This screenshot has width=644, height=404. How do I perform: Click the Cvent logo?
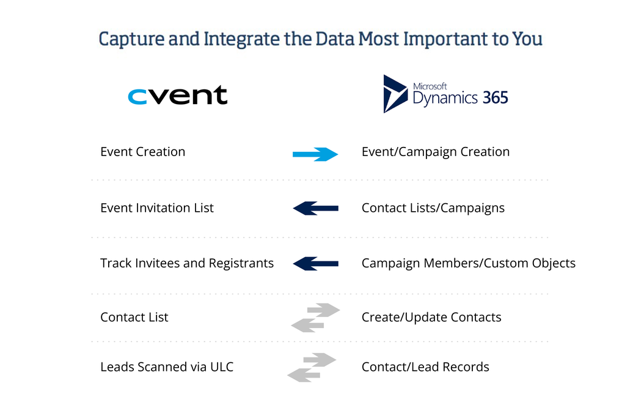[177, 95]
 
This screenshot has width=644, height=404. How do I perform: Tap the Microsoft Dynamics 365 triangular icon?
[395, 94]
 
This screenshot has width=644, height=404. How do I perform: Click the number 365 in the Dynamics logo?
[495, 97]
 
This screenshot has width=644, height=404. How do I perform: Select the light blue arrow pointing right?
[315, 154]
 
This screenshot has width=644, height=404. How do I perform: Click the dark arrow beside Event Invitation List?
[315, 209]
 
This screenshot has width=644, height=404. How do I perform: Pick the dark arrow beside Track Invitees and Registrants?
[315, 264]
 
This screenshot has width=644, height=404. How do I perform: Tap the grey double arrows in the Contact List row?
[315, 318]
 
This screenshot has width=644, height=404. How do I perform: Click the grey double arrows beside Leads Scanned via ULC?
[312, 367]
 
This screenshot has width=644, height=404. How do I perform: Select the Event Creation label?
[142, 152]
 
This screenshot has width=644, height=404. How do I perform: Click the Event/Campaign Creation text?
[435, 152]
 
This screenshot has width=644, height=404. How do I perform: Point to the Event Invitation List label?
[157, 208]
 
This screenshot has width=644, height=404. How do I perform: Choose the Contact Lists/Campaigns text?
[433, 208]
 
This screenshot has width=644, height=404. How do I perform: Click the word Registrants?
[241, 263]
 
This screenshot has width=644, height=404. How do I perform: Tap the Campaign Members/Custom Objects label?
[468, 263]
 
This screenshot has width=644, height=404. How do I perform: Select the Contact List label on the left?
[134, 318]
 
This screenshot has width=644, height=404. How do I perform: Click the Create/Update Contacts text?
[431, 318]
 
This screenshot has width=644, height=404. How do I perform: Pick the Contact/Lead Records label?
[425, 367]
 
